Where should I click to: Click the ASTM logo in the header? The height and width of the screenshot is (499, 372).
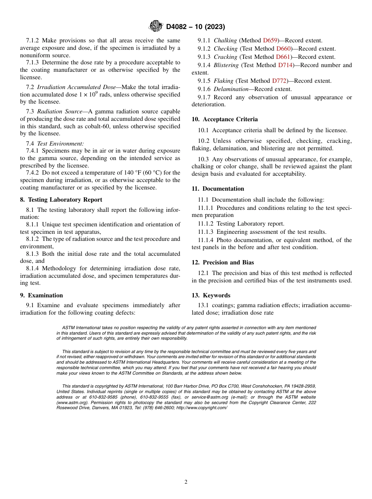pos(156,26)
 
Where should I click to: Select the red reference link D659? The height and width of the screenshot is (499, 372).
pos(270,40)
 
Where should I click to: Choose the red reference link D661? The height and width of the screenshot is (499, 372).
pos(283,57)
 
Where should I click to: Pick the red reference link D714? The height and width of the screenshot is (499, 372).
pos(285,65)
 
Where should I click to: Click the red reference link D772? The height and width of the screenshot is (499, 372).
pos(279,81)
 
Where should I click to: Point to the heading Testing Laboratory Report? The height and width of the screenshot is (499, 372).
pos(65,200)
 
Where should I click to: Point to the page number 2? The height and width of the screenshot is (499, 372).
pos(186,482)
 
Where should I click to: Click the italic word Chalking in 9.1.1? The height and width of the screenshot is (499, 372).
pos(225,40)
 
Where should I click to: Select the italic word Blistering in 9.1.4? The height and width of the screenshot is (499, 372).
pos(226,65)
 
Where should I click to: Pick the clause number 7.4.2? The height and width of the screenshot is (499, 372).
pos(33,173)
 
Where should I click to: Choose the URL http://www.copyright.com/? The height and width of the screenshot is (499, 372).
pos(202,408)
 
